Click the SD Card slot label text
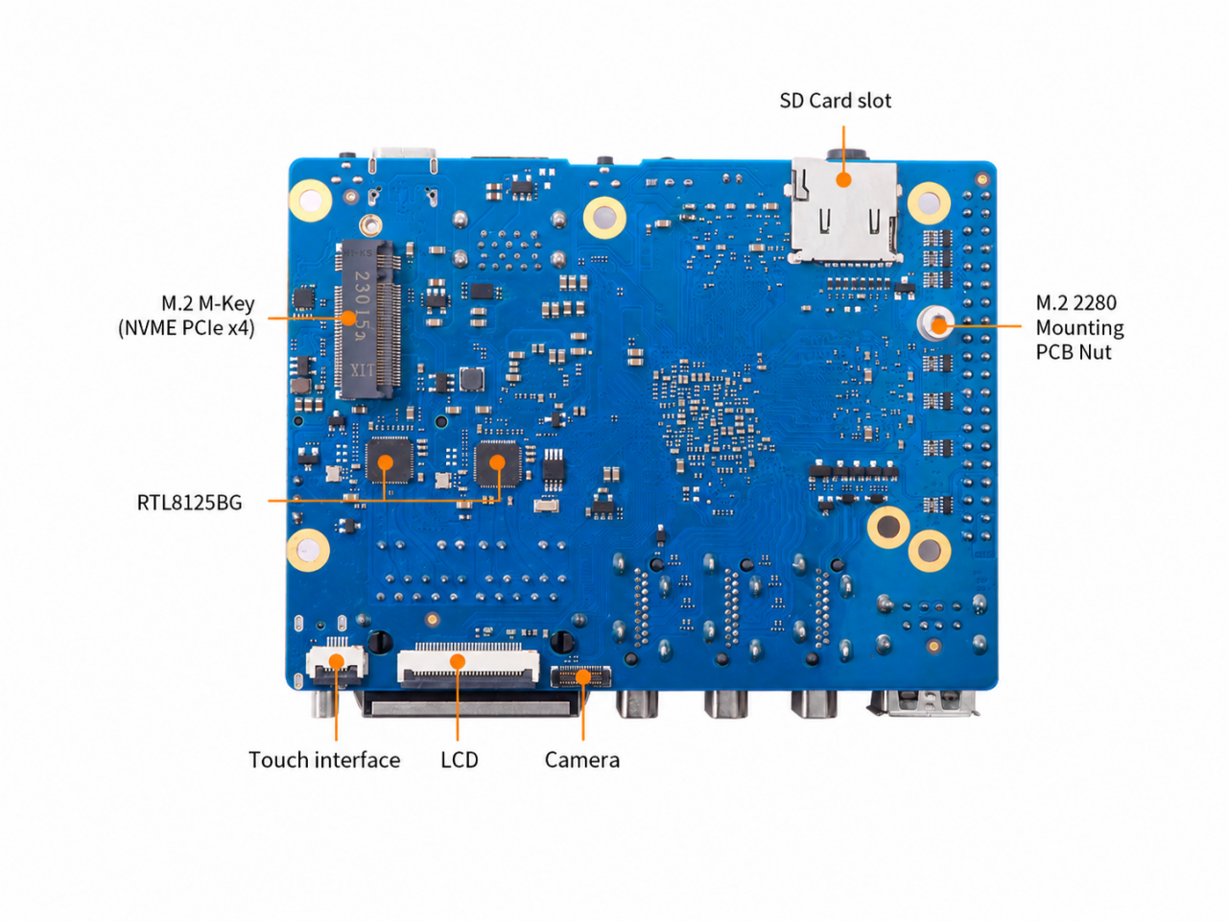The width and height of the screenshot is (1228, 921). tap(835, 101)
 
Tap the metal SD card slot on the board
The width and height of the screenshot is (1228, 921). tap(843, 211)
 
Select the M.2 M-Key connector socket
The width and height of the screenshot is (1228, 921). tap(368, 319)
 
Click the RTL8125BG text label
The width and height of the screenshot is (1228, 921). tap(189, 502)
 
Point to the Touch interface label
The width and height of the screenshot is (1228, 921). tap(324, 760)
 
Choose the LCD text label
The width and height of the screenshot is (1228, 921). tap(459, 760)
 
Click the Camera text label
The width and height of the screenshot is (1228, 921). tap(581, 760)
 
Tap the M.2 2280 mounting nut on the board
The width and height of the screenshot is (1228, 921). tap(935, 323)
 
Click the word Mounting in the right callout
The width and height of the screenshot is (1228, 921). tap(1079, 328)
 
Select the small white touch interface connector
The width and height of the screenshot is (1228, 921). tap(336, 666)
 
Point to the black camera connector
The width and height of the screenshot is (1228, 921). tap(580, 676)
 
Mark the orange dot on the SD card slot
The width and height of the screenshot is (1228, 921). tap(843, 179)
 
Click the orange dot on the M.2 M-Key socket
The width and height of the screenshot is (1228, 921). tap(348, 319)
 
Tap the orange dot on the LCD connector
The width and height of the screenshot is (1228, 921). tap(458, 662)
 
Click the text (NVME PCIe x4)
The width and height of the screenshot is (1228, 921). tap(186, 328)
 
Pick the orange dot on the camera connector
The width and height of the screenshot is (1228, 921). tap(583, 676)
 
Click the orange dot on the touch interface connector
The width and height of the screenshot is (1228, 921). tap(336, 662)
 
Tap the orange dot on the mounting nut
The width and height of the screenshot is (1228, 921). tap(939, 325)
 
